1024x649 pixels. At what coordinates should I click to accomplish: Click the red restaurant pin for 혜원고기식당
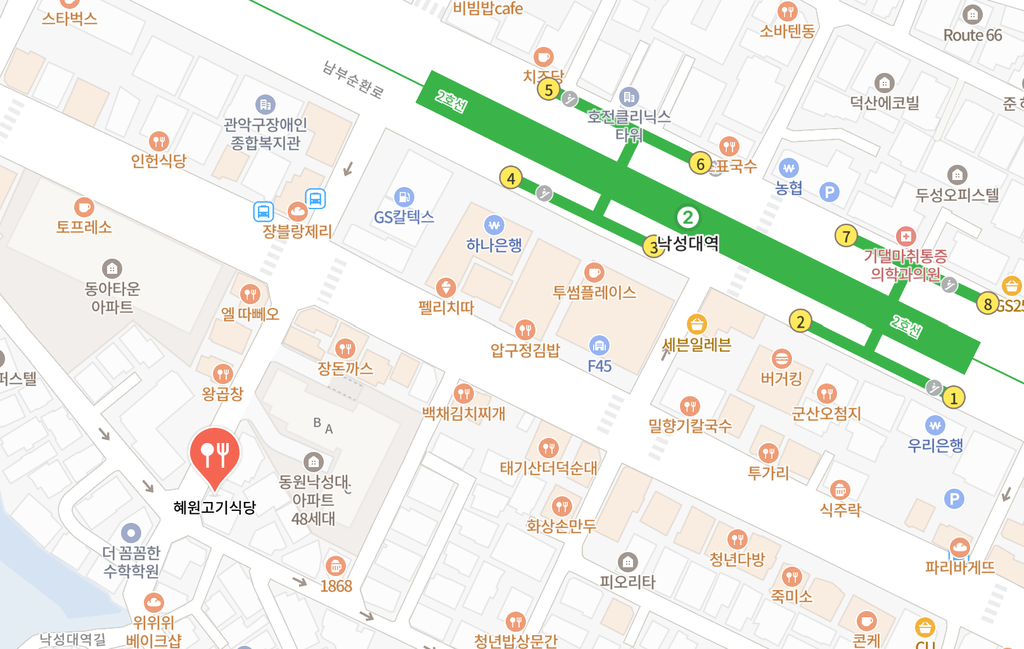click(x=215, y=454)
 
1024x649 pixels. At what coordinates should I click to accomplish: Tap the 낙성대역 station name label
click(x=689, y=243)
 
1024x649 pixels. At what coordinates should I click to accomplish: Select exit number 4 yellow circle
click(x=511, y=178)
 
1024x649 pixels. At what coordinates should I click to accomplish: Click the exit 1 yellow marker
click(x=953, y=398)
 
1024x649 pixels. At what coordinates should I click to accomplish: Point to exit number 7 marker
click(x=846, y=236)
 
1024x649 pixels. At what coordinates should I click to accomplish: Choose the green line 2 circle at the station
click(x=688, y=217)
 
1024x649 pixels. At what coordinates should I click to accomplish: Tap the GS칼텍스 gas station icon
click(x=404, y=197)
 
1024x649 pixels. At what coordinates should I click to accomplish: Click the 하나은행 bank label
click(x=494, y=245)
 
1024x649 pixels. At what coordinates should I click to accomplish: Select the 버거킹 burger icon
click(x=781, y=359)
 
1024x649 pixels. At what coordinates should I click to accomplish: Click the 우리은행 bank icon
click(x=935, y=425)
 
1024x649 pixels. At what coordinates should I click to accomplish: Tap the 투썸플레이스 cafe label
click(x=594, y=292)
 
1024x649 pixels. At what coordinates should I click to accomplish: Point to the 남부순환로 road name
click(x=353, y=80)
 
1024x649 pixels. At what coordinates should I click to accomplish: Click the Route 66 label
click(x=973, y=35)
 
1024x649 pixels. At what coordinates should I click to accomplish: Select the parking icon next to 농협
click(x=829, y=191)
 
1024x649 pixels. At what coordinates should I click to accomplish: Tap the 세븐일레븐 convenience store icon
click(x=696, y=324)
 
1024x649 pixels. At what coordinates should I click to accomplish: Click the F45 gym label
click(x=599, y=366)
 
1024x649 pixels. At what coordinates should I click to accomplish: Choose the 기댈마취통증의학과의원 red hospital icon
click(x=906, y=236)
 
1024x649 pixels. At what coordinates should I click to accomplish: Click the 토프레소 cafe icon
click(x=84, y=207)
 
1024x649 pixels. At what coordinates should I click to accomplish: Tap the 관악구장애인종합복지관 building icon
click(x=265, y=105)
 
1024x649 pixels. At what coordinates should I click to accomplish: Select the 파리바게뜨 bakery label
click(x=959, y=567)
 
